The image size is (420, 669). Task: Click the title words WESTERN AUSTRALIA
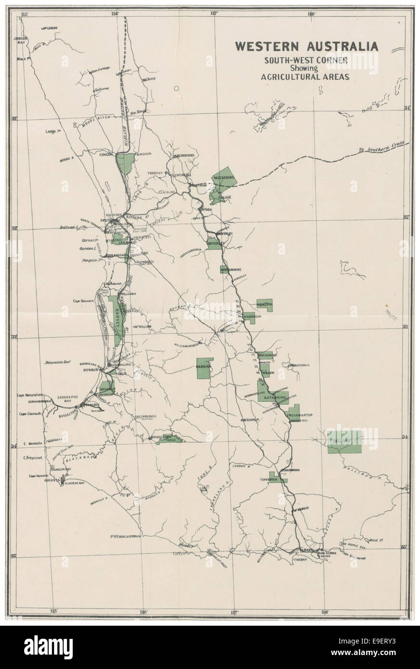pos(306,46)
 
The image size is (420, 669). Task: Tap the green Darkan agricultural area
pos(204,369)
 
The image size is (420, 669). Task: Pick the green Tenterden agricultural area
pos(277,479)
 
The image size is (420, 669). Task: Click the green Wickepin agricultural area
pos(264,305)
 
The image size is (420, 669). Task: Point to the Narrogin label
pos(252,317)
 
